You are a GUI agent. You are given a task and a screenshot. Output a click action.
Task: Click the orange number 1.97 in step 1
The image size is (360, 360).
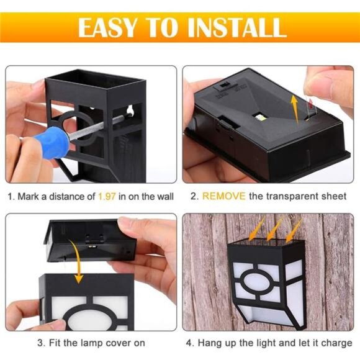click(x=107, y=197)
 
